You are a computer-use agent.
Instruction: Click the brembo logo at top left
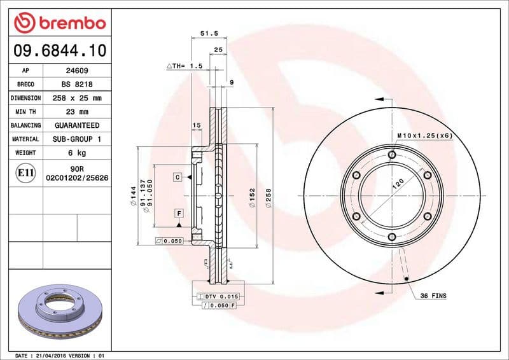coord(59,23)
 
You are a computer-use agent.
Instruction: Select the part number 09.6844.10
coord(59,50)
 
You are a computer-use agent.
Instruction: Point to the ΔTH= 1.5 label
coord(185,66)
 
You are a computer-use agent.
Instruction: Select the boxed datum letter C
coord(178,177)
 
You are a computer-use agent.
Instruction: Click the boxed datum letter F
coord(179,213)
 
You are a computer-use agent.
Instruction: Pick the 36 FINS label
coord(433,296)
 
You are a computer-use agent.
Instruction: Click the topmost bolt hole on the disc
coord(392,155)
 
